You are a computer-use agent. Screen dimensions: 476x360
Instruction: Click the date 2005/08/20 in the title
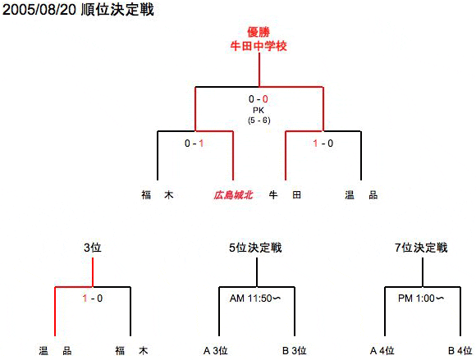(39, 10)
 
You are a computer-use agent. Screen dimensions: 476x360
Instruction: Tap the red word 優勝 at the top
(259, 32)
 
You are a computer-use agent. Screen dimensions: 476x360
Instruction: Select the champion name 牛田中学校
(259, 46)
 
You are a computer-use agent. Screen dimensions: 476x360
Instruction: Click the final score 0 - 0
(259, 99)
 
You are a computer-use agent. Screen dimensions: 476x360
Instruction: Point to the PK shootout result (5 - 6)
(259, 121)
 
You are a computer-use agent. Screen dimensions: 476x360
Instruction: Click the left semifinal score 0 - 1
(194, 144)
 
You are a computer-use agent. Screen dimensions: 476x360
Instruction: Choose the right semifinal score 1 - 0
(323, 144)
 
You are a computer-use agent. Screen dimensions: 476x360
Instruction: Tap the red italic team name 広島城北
(233, 195)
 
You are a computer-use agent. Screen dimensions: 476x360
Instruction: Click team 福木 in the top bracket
(158, 194)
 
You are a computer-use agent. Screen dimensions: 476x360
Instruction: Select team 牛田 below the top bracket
(285, 194)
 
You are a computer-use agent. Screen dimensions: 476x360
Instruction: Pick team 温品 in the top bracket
(361, 194)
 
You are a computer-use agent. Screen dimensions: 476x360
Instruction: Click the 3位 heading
(92, 248)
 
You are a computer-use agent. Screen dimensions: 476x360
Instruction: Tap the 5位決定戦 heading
(255, 248)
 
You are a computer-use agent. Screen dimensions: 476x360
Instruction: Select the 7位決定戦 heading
(421, 248)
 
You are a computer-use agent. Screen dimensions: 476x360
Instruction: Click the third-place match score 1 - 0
(93, 298)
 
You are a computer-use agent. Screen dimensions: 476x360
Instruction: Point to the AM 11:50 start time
(255, 298)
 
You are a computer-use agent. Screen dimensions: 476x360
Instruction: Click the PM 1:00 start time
(421, 298)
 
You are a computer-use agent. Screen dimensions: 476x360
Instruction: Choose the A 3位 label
(216, 351)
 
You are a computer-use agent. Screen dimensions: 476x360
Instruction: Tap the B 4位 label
(460, 351)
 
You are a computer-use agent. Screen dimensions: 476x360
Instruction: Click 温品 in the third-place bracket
(55, 351)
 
